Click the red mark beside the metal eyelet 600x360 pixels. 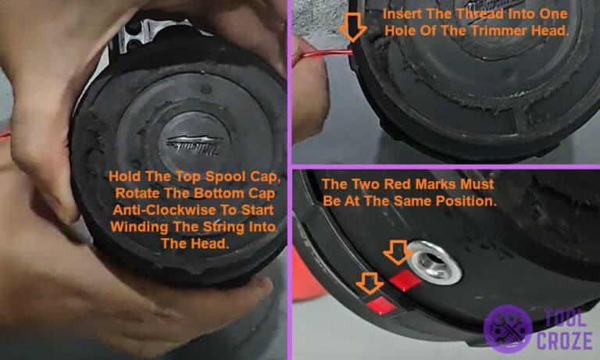coord(404,280)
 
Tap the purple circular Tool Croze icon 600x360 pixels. coord(506,328)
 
